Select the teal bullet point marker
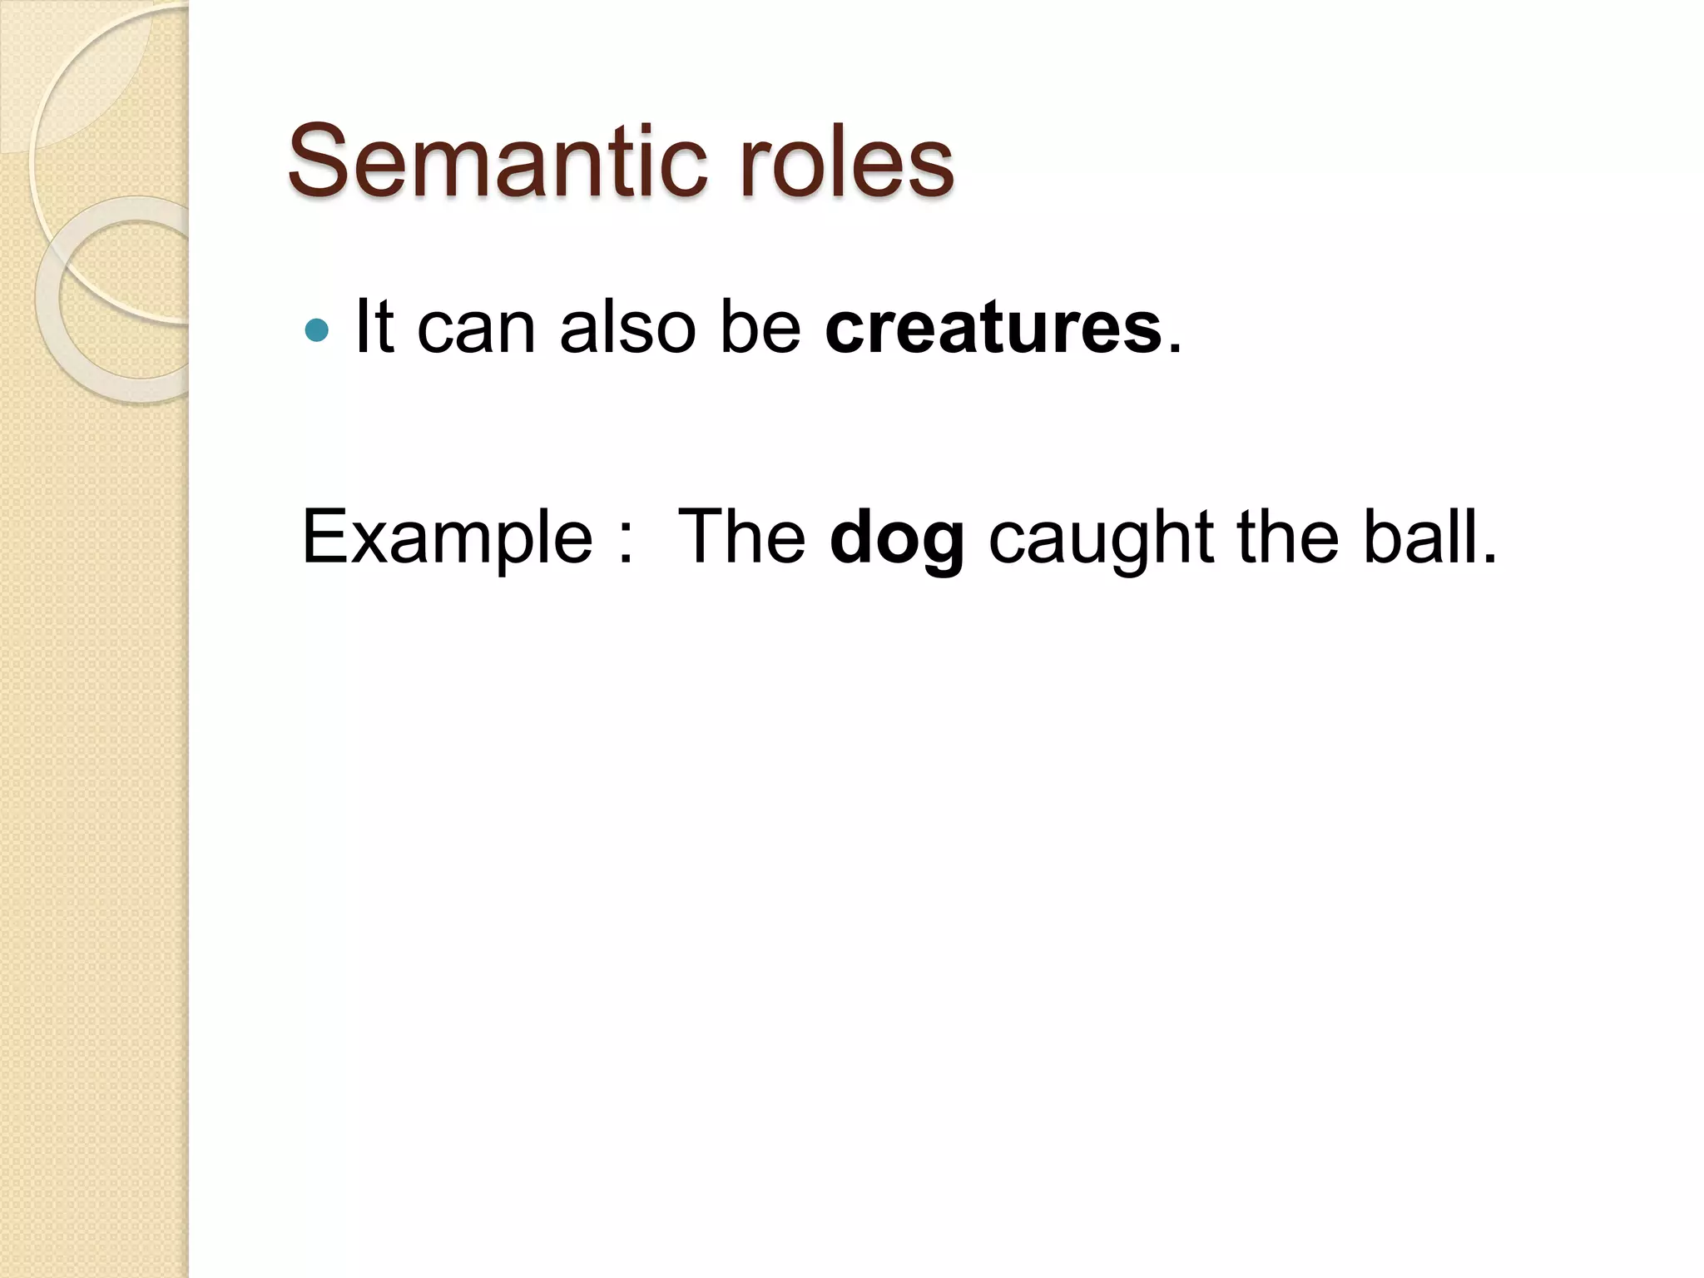pos(317,331)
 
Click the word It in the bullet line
pos(374,326)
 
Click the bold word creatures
pos(993,328)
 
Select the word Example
pos(447,539)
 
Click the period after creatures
pos(1174,349)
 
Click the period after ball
pos(1490,559)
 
